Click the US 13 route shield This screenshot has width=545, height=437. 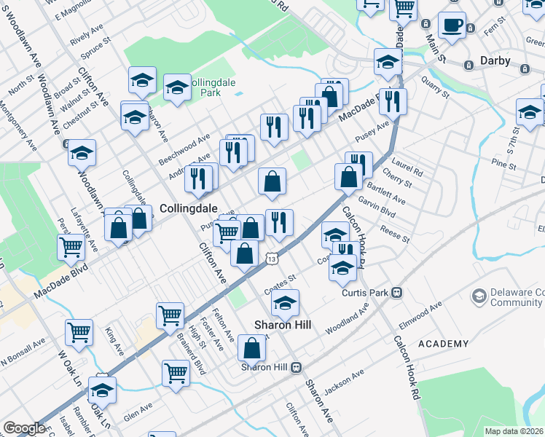[272, 259]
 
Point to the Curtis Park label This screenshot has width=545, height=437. [366, 293]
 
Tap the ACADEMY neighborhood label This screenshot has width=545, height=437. [443, 344]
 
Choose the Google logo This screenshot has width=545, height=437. [24, 428]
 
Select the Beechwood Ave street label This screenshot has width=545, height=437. [184, 149]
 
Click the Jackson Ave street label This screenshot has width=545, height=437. [343, 383]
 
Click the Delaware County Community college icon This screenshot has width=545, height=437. [479, 296]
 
